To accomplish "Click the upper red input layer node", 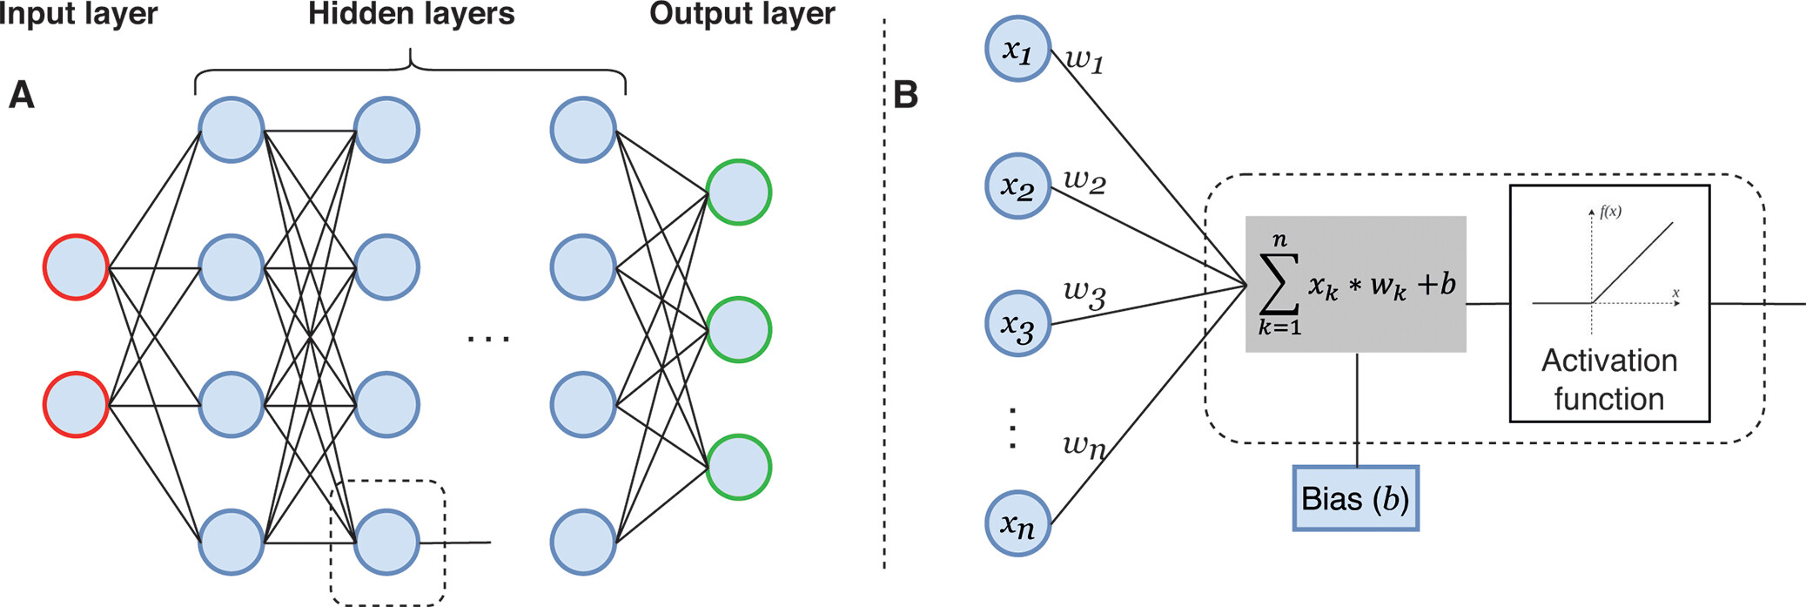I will pos(76,267).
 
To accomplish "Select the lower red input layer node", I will pos(76,404).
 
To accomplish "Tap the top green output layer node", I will pos(738,192).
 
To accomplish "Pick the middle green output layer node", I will pos(738,330).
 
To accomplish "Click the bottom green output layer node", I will pos(738,467).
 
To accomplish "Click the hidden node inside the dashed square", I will pos(386,542).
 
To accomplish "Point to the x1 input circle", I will pos(1017,49).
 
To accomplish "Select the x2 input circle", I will pos(1017,186).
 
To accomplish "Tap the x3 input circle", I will pos(1017,324).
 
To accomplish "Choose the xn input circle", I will pos(1017,523).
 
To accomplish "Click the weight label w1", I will pos(1084,60).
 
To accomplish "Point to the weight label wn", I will pos(1084,446).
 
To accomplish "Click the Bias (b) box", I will pos(1355,498).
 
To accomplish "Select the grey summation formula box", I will pos(1355,284).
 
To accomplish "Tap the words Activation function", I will pos(1608,380).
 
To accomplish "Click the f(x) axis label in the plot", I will pos(1610,212).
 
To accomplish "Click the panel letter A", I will pos(21,94).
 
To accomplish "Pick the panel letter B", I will pos(906,94).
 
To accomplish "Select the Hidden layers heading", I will pos(411,14).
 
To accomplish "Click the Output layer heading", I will pos(742,14).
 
